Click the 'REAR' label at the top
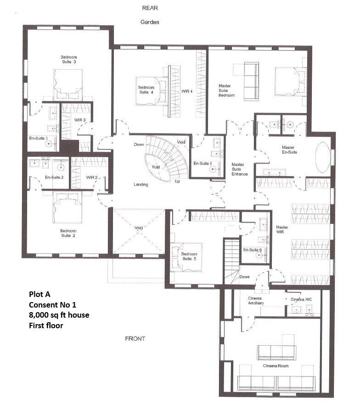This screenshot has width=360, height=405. (x=150, y=8)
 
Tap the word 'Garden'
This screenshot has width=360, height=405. (x=150, y=22)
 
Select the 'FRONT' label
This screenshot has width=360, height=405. (x=135, y=339)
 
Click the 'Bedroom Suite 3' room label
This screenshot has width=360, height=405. (x=68, y=59)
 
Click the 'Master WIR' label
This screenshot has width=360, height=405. (x=281, y=230)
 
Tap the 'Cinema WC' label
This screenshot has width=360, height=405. (x=301, y=300)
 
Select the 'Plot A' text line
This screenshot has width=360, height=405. (x=41, y=295)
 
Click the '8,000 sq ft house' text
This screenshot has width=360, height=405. (x=59, y=315)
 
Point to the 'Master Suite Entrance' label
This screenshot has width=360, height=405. (x=239, y=169)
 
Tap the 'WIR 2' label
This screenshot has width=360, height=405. (x=91, y=177)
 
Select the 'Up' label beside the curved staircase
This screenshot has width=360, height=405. (x=177, y=181)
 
